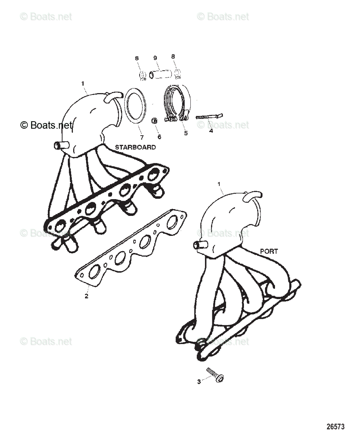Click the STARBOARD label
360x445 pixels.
pos(135,147)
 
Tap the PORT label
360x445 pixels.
pos(269,251)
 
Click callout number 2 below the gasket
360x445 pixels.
pos(86,296)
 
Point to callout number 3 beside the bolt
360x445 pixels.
pos(199,381)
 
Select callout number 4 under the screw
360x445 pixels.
pos(211,131)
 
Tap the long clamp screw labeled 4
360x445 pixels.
pos(208,116)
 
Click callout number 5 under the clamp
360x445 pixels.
pos(186,132)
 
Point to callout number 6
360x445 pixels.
pos(159,137)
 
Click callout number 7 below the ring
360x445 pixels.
pos(141,137)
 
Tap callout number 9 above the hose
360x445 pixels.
pos(155,58)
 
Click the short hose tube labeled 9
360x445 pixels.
pos(160,75)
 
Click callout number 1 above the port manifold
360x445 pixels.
pos(219,184)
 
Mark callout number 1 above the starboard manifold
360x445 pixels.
pos(82,83)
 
